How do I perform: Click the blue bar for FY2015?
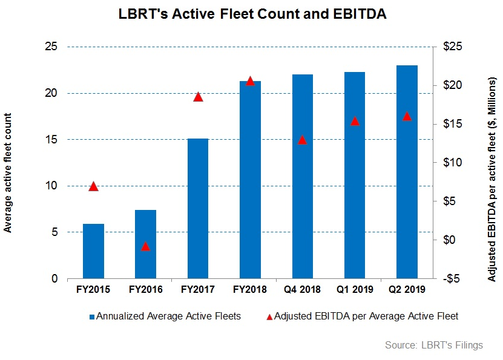click(93, 251)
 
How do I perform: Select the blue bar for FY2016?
click(145, 244)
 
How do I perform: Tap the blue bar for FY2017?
click(197, 208)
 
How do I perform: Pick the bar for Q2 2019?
click(407, 172)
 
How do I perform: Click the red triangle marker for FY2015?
click(93, 186)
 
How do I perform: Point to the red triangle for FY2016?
click(145, 246)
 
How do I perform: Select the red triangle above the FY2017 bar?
click(197, 97)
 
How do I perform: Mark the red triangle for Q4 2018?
click(302, 140)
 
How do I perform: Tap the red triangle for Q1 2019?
click(355, 121)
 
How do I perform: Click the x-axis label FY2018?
click(249, 290)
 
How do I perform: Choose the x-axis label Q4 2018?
click(302, 290)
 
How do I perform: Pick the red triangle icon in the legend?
click(269, 316)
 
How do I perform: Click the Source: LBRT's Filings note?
click(433, 345)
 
